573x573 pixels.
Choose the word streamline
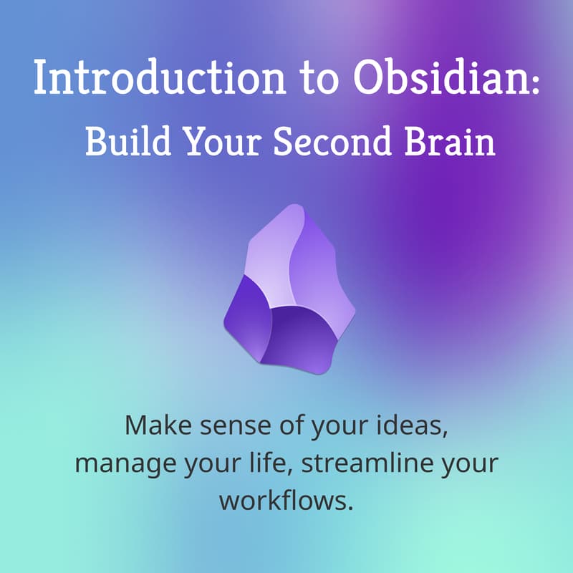[x=364, y=462]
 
